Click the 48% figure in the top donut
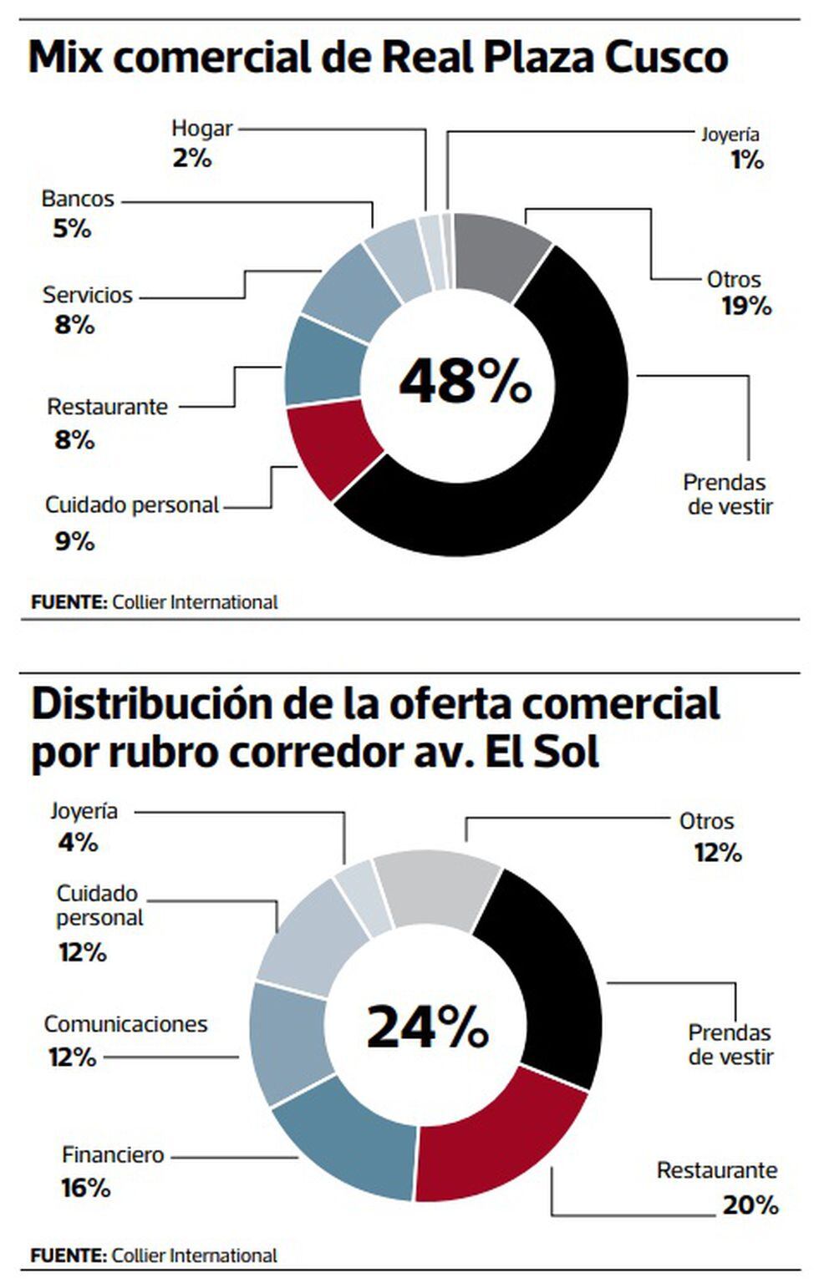point(465,382)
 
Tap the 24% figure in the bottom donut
point(427,1027)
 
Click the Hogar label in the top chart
point(201,129)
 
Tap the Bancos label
point(78,199)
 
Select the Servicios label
point(88,295)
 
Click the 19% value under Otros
point(746,307)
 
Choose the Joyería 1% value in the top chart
point(746,160)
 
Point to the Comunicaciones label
point(125,1024)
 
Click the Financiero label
point(113,1155)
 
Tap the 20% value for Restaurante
point(750,1204)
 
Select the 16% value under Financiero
point(85,1187)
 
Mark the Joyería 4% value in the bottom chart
point(78,842)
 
